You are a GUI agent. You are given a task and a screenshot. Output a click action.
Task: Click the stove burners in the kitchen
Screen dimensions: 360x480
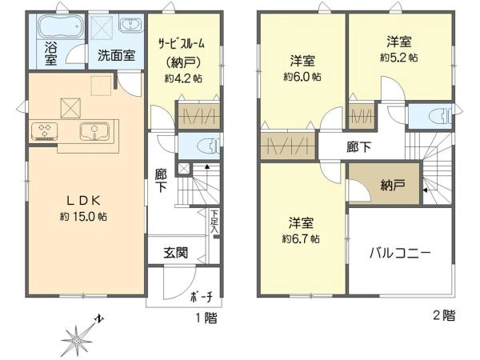pos(43,130)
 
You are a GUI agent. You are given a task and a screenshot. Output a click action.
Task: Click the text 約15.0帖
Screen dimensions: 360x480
pos(83,217)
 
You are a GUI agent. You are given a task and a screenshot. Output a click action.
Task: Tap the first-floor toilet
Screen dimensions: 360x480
pos(205,146)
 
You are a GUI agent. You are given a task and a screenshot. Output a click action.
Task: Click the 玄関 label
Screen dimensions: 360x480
pos(176,253)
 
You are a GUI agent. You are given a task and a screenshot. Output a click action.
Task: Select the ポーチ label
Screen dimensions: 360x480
pos(202,298)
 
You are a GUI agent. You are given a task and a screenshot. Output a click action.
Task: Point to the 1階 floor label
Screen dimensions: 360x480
pos(206,317)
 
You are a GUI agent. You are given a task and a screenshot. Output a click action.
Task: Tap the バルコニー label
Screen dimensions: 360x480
pos(400,254)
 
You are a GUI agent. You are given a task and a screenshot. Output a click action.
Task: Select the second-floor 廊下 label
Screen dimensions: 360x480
pos(358,147)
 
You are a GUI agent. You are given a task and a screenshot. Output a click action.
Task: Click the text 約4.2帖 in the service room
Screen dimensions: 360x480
pos(182,78)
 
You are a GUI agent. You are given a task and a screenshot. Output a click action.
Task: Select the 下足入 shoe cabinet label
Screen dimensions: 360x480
pos(214,222)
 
